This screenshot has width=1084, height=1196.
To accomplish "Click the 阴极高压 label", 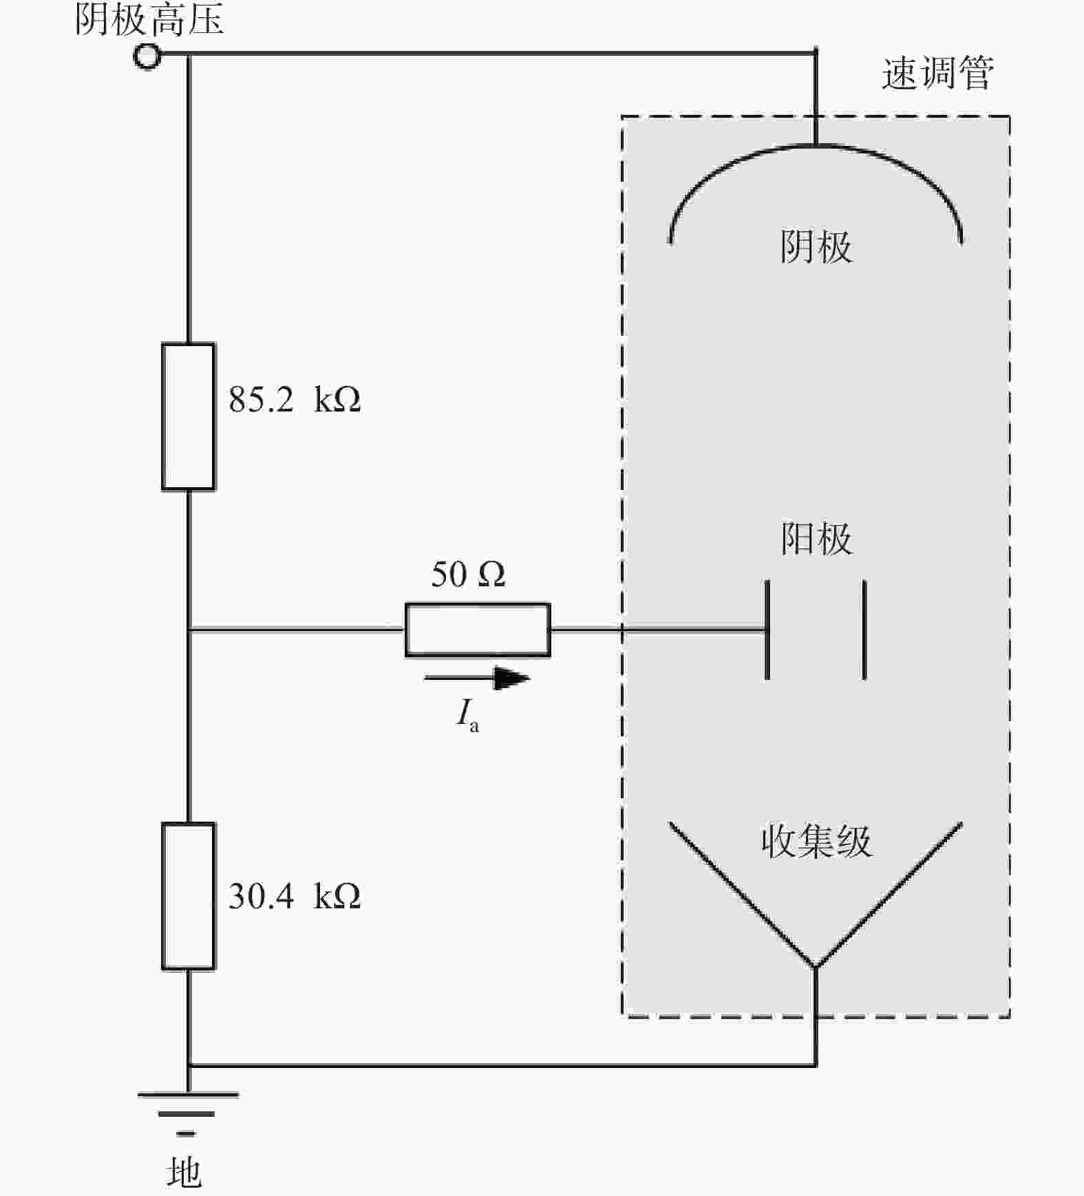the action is [149, 19].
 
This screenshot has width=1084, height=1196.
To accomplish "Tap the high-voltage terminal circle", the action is [147, 56].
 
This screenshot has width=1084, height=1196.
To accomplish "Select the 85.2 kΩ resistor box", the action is [188, 416].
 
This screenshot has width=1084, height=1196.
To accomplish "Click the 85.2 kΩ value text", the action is [295, 399].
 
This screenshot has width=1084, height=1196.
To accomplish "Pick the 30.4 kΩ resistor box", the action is [188, 896].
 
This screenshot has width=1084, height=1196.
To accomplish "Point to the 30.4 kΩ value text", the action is [295, 896].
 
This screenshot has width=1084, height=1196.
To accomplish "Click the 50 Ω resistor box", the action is [478, 630].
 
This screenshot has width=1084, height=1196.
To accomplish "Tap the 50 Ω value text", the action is [468, 574].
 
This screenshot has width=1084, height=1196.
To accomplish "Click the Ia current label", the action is [468, 715].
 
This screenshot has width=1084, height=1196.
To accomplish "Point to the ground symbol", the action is [187, 1113].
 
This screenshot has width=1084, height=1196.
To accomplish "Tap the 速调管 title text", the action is [937, 73].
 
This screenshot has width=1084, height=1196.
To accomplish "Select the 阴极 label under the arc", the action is [816, 246].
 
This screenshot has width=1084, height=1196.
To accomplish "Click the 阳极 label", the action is [816, 538].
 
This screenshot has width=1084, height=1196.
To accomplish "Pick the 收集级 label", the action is [816, 841].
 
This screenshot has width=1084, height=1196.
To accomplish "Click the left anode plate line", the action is [767, 630].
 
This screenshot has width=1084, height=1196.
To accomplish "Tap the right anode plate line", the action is [864, 630].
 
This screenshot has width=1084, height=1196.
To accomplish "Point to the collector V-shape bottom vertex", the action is [816, 967].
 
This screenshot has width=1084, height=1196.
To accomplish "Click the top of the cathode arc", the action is [816, 146].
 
